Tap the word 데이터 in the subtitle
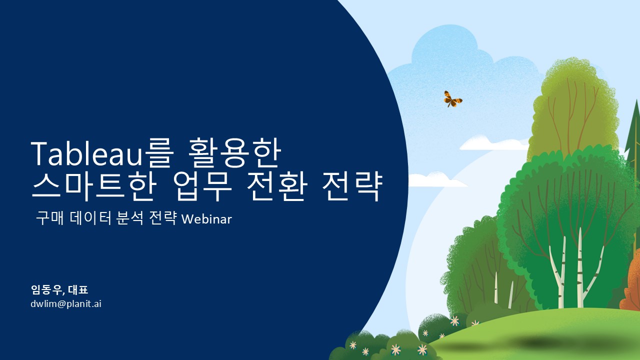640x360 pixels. click(x=90, y=218)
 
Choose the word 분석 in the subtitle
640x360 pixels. click(x=129, y=218)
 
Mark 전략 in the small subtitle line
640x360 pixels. click(x=163, y=218)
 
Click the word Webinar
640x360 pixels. click(x=206, y=219)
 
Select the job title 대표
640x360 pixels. click(x=78, y=289)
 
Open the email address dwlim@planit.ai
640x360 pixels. click(x=66, y=303)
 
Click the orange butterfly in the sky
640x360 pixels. click(x=452, y=99)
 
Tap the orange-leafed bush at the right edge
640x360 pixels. click(x=631, y=285)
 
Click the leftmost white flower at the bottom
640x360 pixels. click(x=353, y=345)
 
